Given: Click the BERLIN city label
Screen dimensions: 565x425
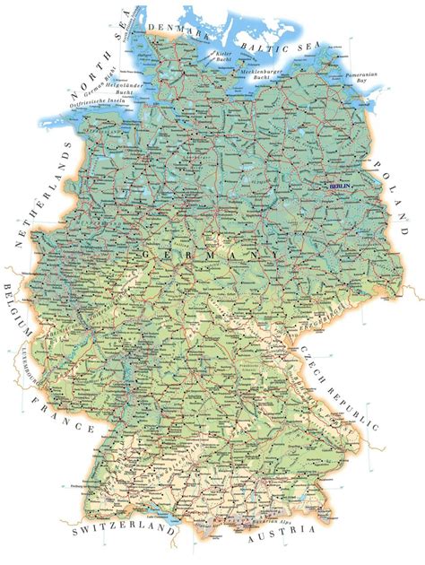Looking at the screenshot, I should coord(342,186).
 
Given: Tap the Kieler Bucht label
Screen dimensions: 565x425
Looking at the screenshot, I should coord(224,59).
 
